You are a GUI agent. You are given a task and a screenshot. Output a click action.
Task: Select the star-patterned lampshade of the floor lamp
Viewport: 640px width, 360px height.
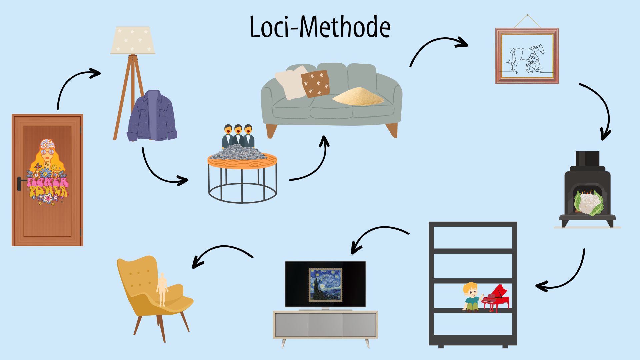133,40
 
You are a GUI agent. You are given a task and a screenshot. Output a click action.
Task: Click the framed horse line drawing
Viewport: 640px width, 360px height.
527,56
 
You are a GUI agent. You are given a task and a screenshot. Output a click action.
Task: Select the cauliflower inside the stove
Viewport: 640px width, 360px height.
588,202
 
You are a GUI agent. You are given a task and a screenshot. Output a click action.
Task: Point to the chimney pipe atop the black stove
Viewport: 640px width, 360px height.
587,159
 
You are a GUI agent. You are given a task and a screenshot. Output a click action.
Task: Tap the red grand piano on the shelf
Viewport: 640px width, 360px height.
496,298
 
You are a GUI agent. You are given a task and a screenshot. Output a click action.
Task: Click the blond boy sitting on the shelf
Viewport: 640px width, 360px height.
471,296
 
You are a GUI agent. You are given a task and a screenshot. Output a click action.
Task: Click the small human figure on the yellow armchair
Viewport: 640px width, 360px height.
162,289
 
